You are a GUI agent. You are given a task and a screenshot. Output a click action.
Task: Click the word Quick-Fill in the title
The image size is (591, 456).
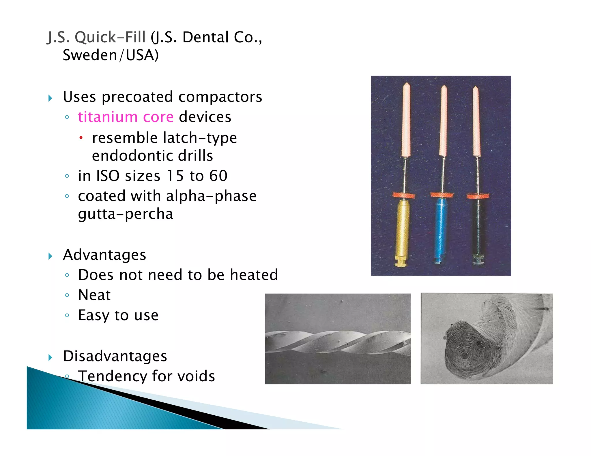(x=110, y=37)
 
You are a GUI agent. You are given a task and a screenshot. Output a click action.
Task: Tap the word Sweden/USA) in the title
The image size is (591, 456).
(x=111, y=55)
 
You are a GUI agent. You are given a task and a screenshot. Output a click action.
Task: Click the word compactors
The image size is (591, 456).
(x=220, y=97)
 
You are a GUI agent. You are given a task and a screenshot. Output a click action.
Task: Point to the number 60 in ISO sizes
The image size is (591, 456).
(x=218, y=176)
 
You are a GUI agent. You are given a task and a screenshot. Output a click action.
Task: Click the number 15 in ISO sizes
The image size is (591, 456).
(x=175, y=176)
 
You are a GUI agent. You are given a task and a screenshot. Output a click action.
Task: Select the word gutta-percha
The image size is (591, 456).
(x=126, y=214)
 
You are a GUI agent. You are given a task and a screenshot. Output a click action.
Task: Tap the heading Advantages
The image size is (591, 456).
(x=104, y=255)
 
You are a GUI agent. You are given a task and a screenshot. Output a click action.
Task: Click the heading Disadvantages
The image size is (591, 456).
(x=115, y=356)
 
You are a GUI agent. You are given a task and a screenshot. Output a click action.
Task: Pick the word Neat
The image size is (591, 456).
(x=94, y=295)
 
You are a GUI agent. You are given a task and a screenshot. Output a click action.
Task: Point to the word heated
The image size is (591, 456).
(x=254, y=275)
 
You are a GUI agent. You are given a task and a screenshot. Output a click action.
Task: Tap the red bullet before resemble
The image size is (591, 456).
(x=81, y=138)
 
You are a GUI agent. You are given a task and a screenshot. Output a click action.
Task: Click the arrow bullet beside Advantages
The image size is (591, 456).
(x=51, y=256)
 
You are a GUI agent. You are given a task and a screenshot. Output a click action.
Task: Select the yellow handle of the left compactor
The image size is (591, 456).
(x=402, y=228)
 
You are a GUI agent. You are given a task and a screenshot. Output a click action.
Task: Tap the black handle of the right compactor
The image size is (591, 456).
(x=478, y=228)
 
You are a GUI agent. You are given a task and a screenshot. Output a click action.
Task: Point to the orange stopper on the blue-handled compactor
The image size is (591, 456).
(x=442, y=195)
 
